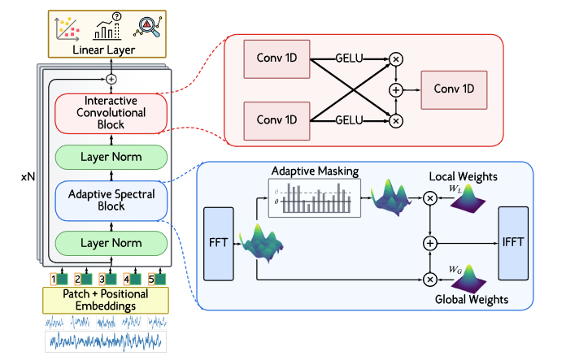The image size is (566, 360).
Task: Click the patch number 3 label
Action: pos(103,278)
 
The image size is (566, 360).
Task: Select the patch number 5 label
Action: pos(151,278)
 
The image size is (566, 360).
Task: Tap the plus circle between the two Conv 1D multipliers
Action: pos(396,89)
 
